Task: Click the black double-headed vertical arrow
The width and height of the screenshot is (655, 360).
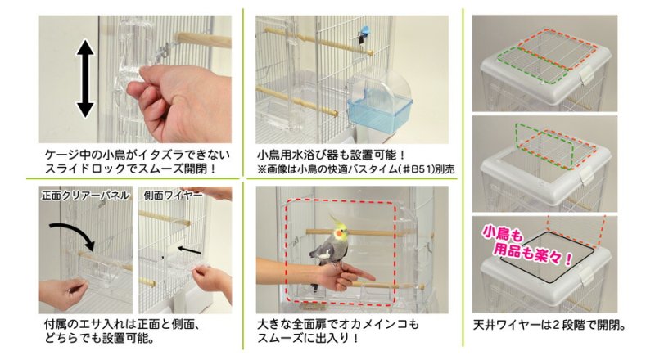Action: coord(85,79)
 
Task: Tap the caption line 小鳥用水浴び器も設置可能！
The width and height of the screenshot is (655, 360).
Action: coord(332,155)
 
